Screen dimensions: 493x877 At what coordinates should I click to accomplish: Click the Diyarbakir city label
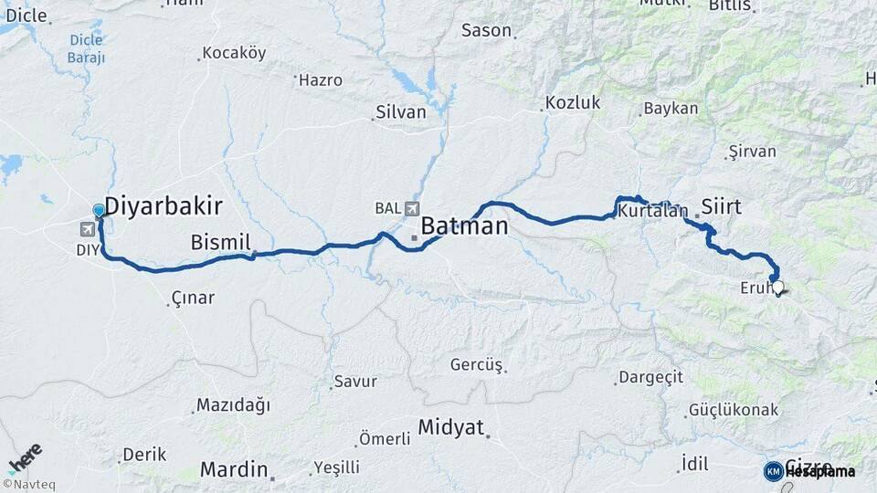click(x=165, y=205)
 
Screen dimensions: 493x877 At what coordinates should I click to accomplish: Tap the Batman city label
click(x=464, y=226)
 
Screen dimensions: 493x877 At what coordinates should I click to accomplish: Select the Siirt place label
click(x=721, y=205)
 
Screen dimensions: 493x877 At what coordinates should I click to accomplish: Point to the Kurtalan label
click(x=652, y=212)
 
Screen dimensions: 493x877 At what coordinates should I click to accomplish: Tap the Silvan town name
click(x=400, y=112)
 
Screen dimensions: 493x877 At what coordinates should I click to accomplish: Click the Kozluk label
click(x=573, y=102)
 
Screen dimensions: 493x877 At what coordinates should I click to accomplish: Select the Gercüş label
click(x=476, y=365)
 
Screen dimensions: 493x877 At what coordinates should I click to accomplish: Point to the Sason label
click(x=486, y=30)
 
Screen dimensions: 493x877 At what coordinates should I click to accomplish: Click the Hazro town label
click(x=320, y=80)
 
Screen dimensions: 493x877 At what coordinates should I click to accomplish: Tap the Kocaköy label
click(x=234, y=53)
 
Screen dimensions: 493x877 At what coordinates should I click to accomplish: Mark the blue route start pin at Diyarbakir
click(x=99, y=211)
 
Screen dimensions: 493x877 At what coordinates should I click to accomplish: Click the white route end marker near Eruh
click(x=778, y=287)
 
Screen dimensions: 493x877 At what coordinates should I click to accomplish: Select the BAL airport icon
click(x=412, y=208)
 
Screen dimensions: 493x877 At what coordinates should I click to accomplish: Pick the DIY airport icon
click(x=87, y=229)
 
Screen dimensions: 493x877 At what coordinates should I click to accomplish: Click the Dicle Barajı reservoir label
click(x=86, y=48)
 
